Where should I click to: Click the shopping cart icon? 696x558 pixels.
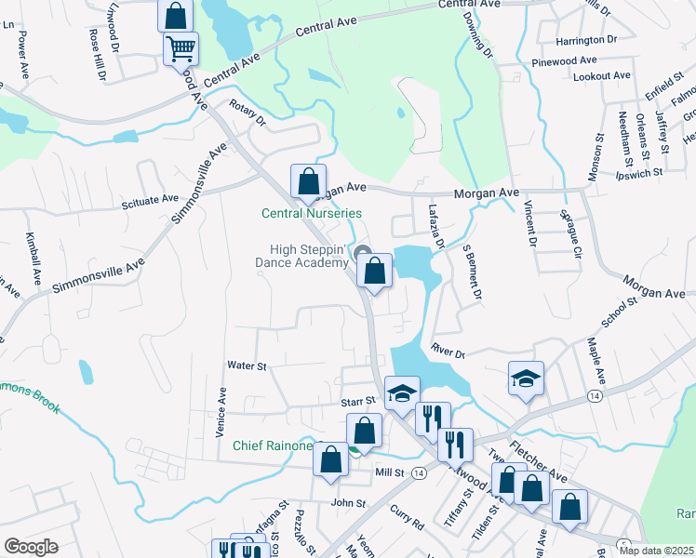pyautogui.click(x=181, y=48)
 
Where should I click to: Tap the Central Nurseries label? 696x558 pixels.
pyautogui.click(x=310, y=214)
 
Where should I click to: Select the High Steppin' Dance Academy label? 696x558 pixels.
pyautogui.click(x=308, y=257)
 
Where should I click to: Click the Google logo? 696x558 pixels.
pyautogui.click(x=31, y=546)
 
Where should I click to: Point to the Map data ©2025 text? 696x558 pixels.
pyautogui.click(x=656, y=551)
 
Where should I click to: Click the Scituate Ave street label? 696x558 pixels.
pyautogui.click(x=150, y=199)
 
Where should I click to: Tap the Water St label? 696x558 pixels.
pyautogui.click(x=247, y=366)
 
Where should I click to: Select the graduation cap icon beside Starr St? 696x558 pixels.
pyautogui.click(x=402, y=392)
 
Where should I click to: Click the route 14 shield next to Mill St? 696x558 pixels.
pyautogui.click(x=419, y=473)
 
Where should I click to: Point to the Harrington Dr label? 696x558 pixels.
pyautogui.click(x=586, y=41)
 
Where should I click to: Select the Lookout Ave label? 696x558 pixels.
pyautogui.click(x=601, y=76)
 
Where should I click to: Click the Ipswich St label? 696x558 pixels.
pyautogui.click(x=638, y=172)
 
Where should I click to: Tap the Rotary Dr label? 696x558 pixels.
pyautogui.click(x=248, y=115)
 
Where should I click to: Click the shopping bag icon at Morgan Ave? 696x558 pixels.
pyautogui.click(x=309, y=180)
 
